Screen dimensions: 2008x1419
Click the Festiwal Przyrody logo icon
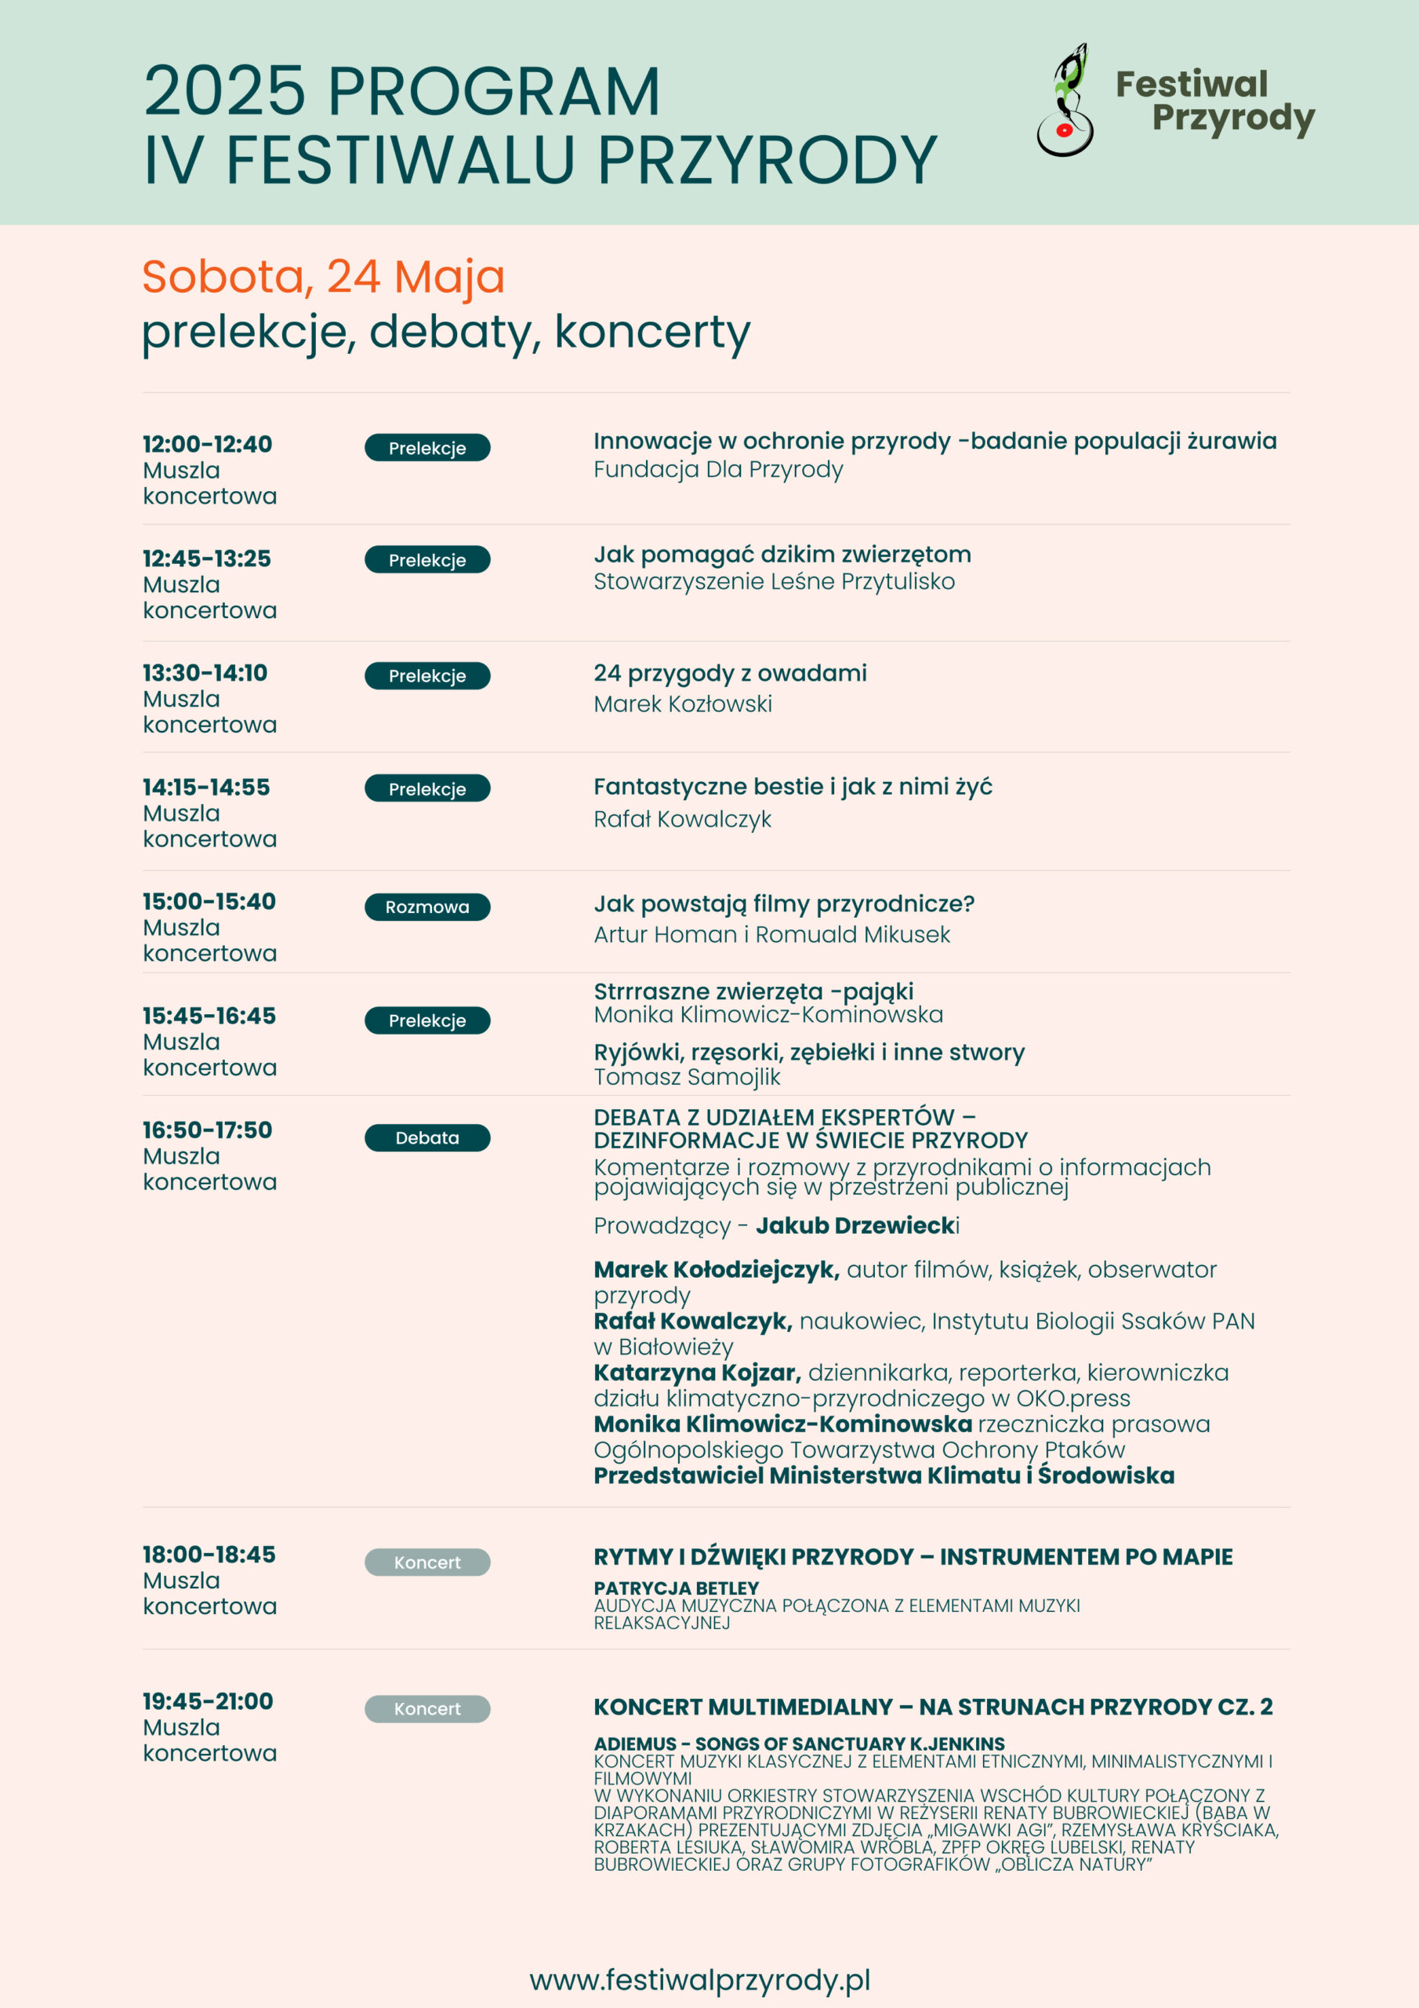coord(1065,100)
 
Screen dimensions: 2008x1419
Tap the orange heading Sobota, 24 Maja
coord(324,276)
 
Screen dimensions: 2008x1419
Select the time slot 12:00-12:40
coord(207,444)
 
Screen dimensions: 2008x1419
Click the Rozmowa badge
coord(426,907)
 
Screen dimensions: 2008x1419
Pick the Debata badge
coord(426,1138)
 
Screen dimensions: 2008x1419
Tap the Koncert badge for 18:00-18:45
coord(426,1562)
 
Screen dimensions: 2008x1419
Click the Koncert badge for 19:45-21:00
coord(426,1708)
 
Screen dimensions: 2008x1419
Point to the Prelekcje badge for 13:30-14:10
coord(426,676)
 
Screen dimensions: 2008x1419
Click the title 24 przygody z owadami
coord(730,674)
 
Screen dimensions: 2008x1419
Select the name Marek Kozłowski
coord(683,704)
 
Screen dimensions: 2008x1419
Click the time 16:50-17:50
coord(207,1130)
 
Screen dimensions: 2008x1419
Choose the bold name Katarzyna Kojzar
coord(697,1373)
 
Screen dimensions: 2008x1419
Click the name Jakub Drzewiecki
coord(857,1225)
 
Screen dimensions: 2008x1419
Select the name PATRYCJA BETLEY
coord(676,1588)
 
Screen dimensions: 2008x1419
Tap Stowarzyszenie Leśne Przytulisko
coord(774,581)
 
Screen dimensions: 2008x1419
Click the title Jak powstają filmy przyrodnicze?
coord(783,904)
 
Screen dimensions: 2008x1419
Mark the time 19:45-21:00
coord(208,1701)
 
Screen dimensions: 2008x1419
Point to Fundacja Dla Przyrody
coord(718,470)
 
